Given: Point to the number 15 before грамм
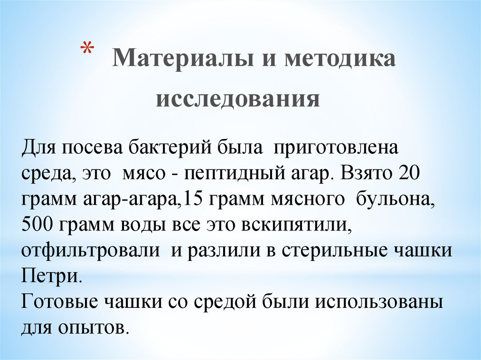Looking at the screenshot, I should (191, 199).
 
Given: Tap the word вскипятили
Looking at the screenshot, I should (296, 224).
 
